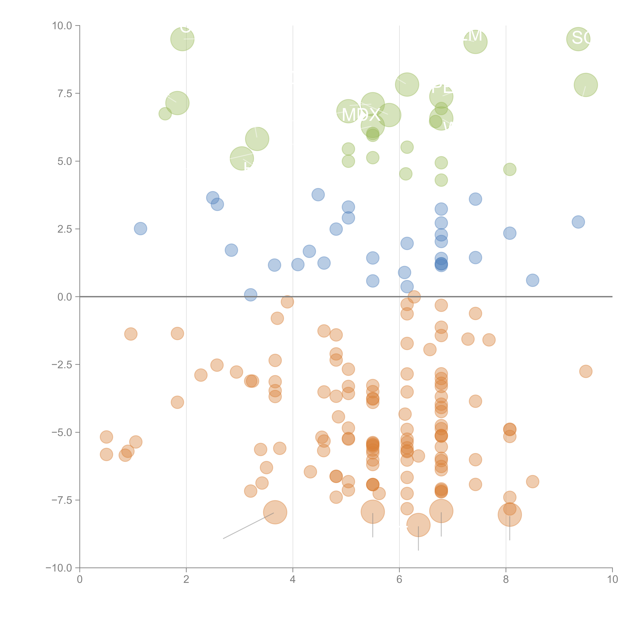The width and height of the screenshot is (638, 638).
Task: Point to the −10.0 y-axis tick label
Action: [x=59, y=568]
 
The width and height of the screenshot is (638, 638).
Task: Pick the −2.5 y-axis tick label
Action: [x=61, y=365]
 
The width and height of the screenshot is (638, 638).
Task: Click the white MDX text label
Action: [x=361, y=115]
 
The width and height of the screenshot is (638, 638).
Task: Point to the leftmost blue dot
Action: [x=140, y=229]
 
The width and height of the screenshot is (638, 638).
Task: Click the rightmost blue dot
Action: [x=578, y=222]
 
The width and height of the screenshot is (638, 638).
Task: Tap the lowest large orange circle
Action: [x=418, y=525]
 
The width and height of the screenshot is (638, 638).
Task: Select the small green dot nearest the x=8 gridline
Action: [x=510, y=169]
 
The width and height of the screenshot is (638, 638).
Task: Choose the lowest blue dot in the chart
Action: [x=251, y=295]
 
